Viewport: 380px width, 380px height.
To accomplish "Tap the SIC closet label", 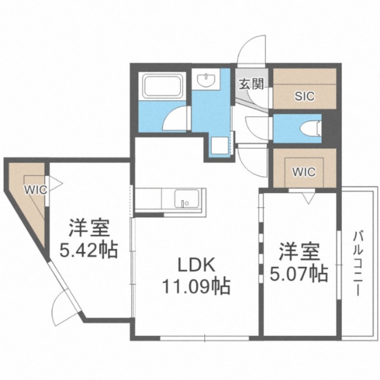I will pos(304,96).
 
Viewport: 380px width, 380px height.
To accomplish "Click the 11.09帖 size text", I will pos(196,286).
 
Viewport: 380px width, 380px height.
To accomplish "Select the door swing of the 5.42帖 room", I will pos(64,304).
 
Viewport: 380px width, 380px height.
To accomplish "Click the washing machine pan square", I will pos(219,144).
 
